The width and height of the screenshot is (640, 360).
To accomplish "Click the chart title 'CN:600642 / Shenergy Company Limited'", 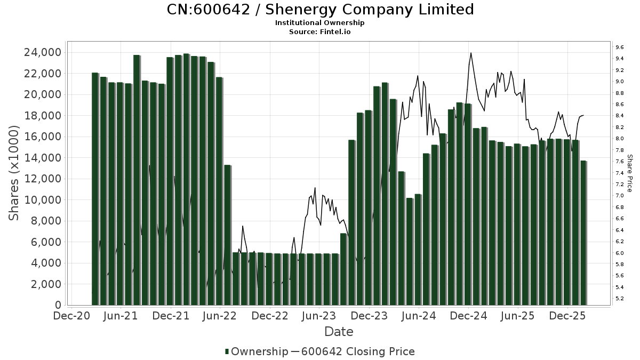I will (x=320, y=10).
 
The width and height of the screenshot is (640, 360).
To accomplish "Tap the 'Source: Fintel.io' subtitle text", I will (x=320, y=31).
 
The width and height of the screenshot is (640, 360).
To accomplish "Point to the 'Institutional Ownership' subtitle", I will (x=320, y=23).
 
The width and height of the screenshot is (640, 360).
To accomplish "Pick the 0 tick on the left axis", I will (x=58, y=305).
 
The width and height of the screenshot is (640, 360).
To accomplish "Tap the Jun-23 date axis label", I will (x=319, y=316).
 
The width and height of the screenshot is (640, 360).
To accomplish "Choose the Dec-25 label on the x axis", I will (x=567, y=316).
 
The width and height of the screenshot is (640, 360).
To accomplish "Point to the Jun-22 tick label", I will (x=220, y=316).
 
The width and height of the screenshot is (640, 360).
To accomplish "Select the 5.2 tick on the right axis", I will (x=620, y=299).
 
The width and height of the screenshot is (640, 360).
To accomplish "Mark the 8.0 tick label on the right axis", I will (x=620, y=139).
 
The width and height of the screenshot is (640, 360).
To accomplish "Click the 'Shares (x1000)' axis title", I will (x=14, y=173).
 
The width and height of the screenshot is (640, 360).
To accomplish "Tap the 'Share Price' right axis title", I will (x=629, y=173).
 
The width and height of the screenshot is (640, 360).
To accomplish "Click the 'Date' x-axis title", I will (x=339, y=332).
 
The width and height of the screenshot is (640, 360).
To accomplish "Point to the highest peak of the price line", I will (x=471, y=53).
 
